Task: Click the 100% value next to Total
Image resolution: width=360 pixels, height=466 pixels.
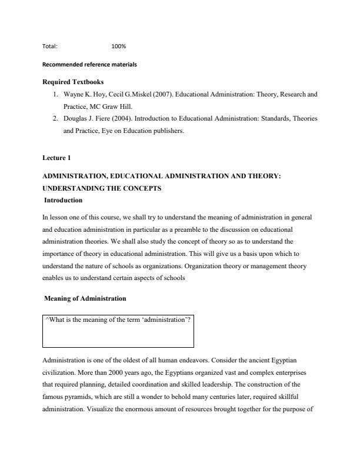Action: coord(118,46)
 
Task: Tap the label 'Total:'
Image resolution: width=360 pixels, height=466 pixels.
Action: coord(50,46)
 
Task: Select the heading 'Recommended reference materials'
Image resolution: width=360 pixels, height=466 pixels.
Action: coord(89,64)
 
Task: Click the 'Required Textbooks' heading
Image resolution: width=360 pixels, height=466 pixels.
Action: coord(71,82)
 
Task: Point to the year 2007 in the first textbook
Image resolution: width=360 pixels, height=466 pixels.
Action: coord(162,94)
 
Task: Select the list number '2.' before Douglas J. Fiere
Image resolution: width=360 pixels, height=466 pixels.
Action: coord(55,119)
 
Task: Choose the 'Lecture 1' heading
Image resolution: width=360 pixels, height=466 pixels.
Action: coord(56,158)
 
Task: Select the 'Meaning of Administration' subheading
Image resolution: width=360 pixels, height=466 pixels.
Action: coord(85,298)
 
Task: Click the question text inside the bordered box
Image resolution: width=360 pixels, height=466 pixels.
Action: coord(118,319)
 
